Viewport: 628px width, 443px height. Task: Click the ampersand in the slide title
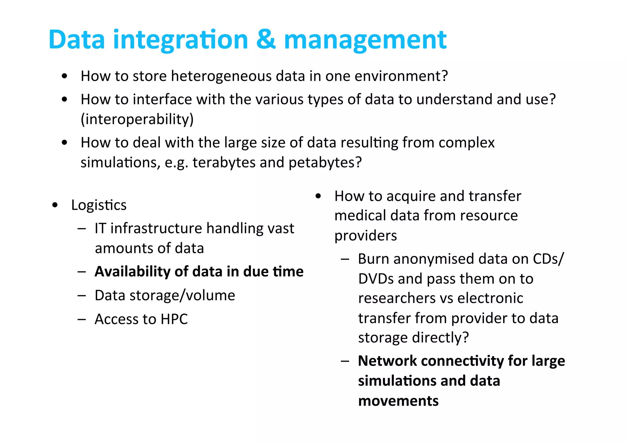[x=266, y=40]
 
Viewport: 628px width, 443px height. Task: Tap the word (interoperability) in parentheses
[x=137, y=119]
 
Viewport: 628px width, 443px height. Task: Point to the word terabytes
[x=224, y=162]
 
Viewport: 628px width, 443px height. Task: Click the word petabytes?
[x=325, y=162]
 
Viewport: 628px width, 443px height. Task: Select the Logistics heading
[x=99, y=205]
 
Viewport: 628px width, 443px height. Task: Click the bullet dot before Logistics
[x=55, y=205]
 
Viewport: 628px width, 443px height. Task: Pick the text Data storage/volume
[x=165, y=295]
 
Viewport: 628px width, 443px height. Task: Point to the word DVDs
[x=376, y=279]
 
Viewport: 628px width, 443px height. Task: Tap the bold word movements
[x=398, y=401]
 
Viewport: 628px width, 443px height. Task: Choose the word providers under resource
[x=365, y=236]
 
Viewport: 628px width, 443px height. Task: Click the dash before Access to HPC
[x=82, y=319]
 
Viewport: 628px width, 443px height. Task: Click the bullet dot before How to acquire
[x=318, y=196]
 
